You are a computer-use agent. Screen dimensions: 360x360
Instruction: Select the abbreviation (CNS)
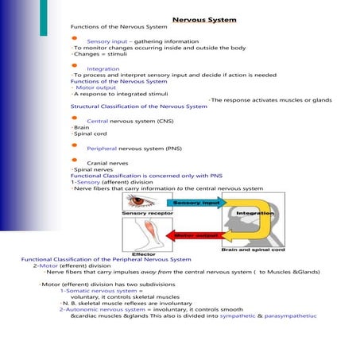point(165,120)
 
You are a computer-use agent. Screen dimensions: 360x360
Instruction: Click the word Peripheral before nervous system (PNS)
point(103,149)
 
